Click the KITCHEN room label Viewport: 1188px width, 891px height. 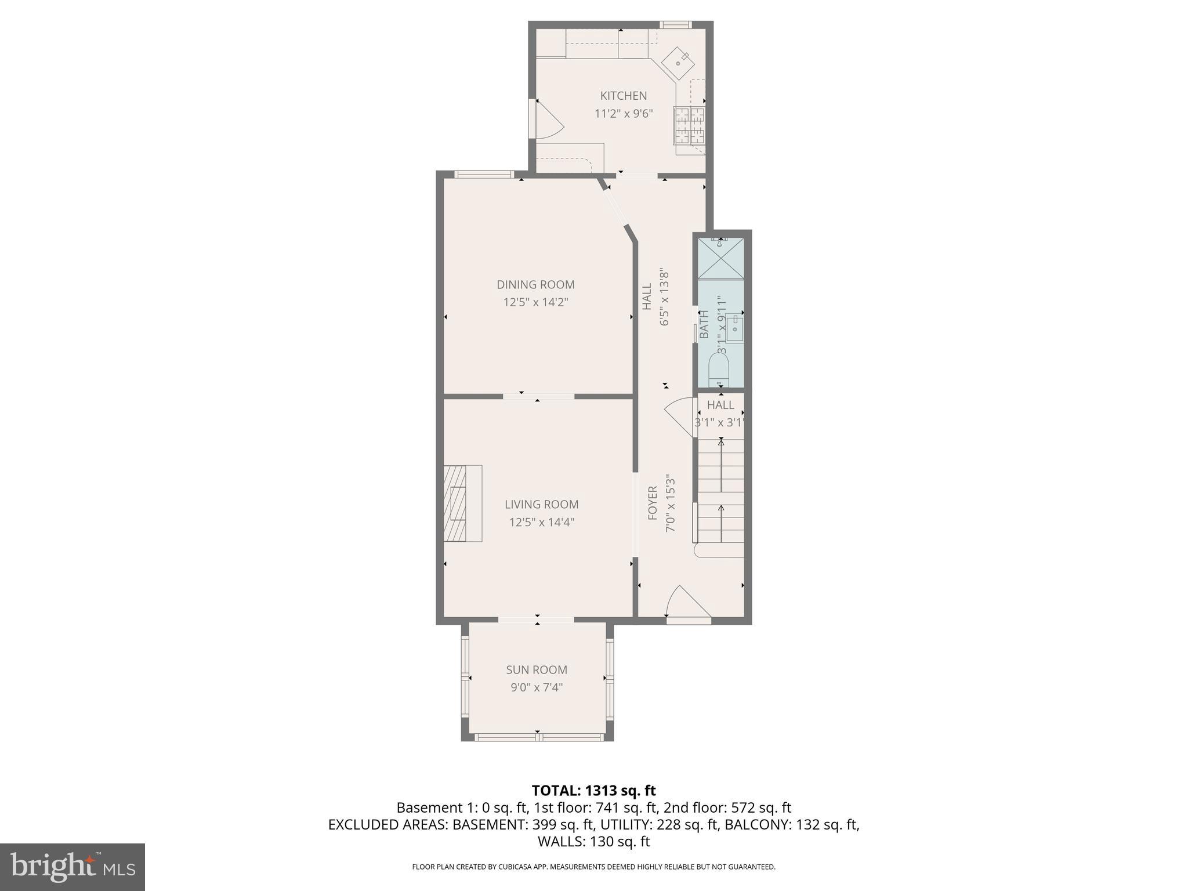[623, 96]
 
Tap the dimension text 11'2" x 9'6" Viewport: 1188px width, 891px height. [624, 114]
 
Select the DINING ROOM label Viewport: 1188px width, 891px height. [535, 284]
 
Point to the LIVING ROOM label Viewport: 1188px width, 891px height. [541, 504]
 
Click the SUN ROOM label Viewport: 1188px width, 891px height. [537, 669]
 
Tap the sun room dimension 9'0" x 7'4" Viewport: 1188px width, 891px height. [537, 687]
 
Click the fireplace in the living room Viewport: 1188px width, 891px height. [462, 503]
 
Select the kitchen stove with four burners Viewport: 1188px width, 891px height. [689, 125]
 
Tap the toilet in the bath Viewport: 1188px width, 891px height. [719, 370]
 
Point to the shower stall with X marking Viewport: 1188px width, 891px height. [720, 258]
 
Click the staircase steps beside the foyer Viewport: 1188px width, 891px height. [721, 490]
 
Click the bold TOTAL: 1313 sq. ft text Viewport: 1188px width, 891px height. [593, 791]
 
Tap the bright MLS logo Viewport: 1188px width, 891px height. [73, 867]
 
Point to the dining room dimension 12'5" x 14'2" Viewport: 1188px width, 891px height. [535, 302]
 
